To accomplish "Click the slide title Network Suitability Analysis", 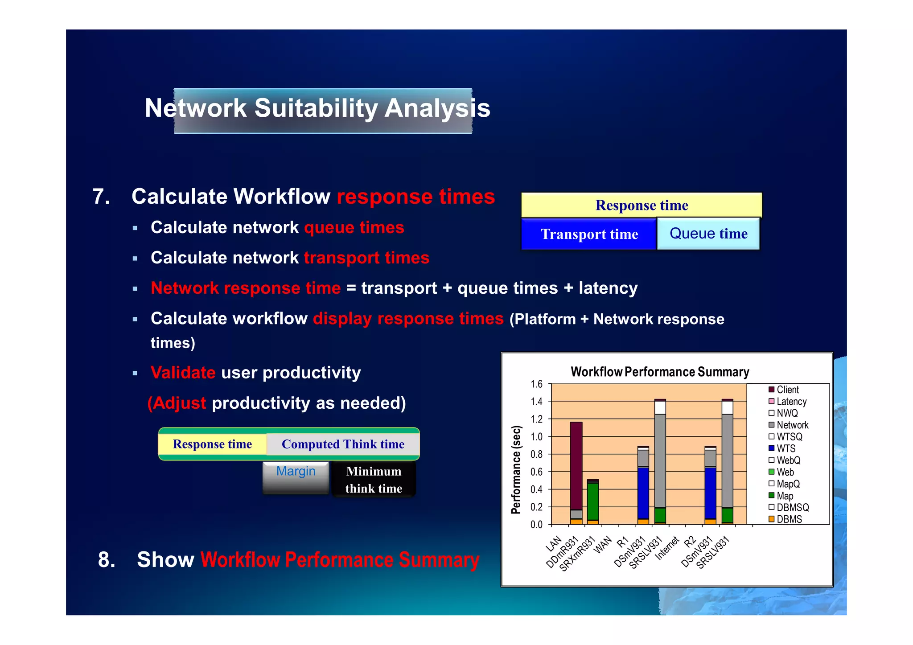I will coord(317,108).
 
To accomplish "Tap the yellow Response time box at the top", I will coord(641,205).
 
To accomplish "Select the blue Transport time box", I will coord(589,234).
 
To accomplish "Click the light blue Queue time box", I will coord(708,234).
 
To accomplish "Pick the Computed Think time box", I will coord(343,444).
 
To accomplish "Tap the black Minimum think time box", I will coord(374,480).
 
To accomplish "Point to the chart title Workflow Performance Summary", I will coord(659,372).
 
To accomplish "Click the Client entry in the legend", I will coord(787,390).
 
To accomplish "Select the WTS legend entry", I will coord(786,448).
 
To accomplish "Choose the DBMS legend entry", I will coord(789,519).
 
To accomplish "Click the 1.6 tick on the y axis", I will coord(536,384).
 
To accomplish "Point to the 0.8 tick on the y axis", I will coord(536,454).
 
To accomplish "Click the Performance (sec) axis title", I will coord(516,470).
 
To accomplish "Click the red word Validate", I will coord(183,373).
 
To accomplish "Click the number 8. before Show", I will coord(106,560).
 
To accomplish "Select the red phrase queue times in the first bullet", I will coord(354,228).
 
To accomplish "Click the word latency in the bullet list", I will coord(608,288).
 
